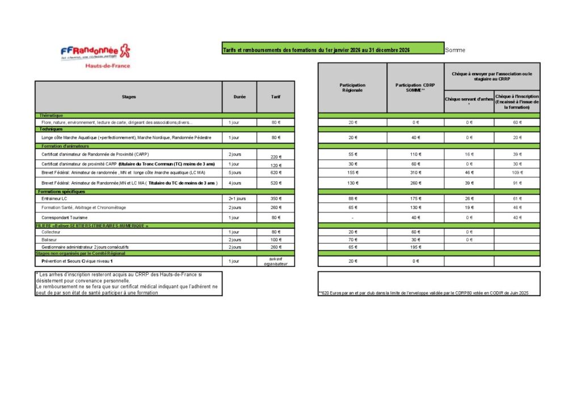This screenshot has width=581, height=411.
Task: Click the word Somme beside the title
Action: point(455,50)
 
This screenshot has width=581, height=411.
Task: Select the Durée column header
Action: point(239,97)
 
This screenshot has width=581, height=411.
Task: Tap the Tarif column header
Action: point(276,97)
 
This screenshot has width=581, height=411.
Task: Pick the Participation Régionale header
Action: point(352,88)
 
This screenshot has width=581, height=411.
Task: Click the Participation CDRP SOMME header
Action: point(415,88)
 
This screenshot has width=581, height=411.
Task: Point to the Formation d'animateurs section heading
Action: point(63,146)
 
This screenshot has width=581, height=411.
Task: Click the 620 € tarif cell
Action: point(276,173)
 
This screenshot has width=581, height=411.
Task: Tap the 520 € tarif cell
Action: point(276,183)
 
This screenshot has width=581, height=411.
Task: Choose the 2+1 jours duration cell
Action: point(237,199)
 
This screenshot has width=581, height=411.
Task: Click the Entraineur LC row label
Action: point(54,199)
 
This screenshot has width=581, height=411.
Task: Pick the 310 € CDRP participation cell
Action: point(415,173)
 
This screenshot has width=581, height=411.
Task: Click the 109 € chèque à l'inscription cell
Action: point(517,173)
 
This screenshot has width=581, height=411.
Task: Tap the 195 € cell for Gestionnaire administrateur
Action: point(415,248)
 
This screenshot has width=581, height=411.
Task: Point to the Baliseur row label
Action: point(49,240)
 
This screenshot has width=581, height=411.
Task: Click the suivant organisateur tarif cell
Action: point(276,261)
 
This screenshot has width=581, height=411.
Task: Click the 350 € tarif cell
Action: point(276,199)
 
